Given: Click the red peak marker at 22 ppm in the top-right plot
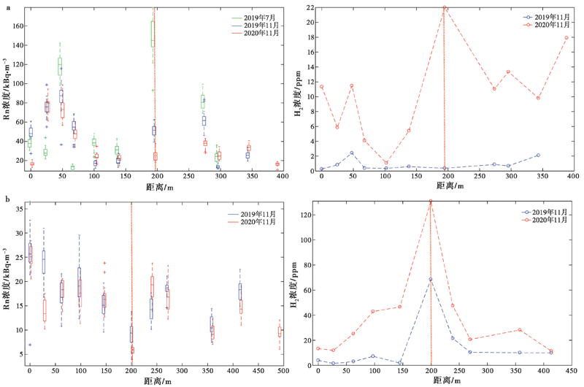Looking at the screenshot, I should click(445, 7).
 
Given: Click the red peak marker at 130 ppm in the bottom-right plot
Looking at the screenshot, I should click(431, 202).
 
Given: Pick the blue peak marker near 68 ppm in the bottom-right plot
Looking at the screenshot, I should click(431, 279).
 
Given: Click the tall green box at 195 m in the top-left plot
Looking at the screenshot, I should click(153, 34).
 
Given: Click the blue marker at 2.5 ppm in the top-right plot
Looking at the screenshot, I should click(352, 153).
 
